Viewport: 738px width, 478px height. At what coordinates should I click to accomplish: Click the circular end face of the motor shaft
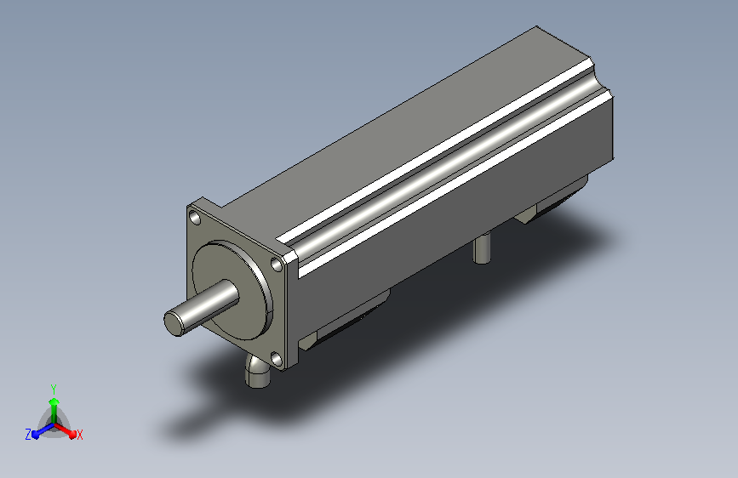pos(174,323)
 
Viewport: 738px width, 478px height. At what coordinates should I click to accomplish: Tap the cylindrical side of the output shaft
pos(207,304)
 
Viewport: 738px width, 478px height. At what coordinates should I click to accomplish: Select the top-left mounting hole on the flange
pos(194,217)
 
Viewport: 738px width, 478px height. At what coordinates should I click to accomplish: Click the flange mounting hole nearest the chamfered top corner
pos(277,265)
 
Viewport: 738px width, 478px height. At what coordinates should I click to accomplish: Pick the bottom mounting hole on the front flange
pos(277,360)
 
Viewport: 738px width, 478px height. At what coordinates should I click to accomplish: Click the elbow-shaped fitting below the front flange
pos(257,373)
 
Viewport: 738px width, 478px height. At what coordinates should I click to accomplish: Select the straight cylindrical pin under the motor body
pos(482,248)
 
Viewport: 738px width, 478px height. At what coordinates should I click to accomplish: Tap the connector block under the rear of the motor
pos(551,202)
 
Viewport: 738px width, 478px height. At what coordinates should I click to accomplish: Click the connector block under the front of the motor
pos(344,322)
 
